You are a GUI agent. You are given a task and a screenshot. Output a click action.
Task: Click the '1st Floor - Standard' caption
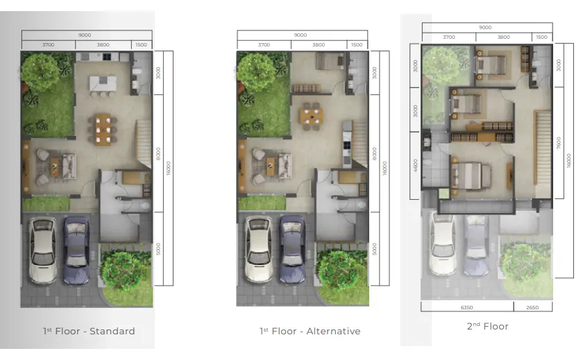pyautogui.click(x=88, y=331)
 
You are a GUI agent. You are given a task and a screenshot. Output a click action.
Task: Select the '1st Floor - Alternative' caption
pyautogui.click(x=310, y=331)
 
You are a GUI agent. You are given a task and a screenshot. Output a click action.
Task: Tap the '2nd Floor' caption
pyautogui.click(x=487, y=326)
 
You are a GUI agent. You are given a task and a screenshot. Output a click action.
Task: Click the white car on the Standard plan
pyautogui.click(x=43, y=250)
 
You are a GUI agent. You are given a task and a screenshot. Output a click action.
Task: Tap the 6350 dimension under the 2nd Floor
pyautogui.click(x=466, y=307)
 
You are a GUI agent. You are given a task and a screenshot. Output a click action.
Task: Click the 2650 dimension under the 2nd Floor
pyautogui.click(x=533, y=307)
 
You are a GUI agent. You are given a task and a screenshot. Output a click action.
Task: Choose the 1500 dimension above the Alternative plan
pyautogui.click(x=357, y=45)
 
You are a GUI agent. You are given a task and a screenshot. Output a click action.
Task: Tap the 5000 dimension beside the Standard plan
pyautogui.click(x=158, y=248)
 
